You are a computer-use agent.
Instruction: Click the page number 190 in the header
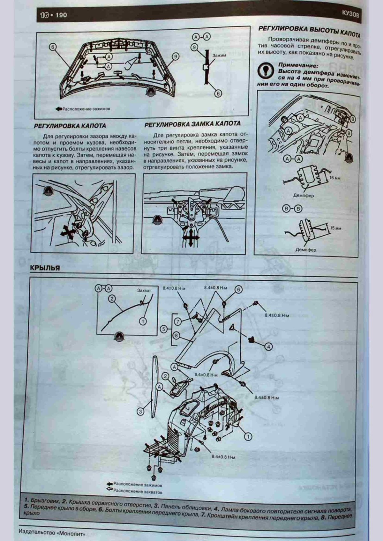pyautogui.click(x=61, y=15)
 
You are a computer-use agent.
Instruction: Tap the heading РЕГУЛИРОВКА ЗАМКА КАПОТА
pyautogui.click(x=192, y=123)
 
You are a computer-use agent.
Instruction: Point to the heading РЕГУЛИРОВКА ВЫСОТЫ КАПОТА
pyautogui.click(x=309, y=31)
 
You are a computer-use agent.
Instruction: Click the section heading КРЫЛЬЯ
pyautogui.click(x=45, y=268)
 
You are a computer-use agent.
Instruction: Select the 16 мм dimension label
pyautogui.click(x=334, y=178)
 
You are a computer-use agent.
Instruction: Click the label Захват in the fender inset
pyautogui.click(x=144, y=291)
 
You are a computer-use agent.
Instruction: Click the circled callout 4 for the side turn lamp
pyautogui.click(x=268, y=346)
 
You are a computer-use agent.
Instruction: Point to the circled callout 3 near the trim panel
pyautogui.click(x=140, y=412)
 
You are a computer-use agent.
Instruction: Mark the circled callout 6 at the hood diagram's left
pyautogui.click(x=53, y=47)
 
